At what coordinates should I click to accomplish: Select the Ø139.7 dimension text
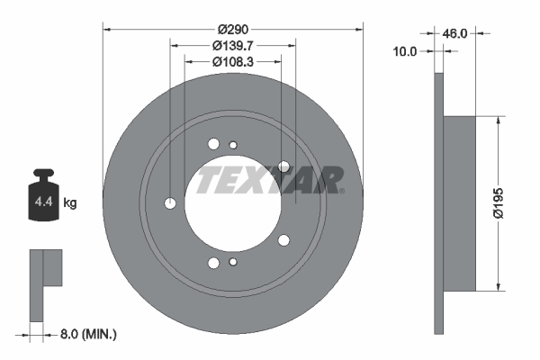coord(233,45)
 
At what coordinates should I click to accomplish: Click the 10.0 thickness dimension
coord(407,51)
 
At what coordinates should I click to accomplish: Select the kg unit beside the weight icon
coord(69,203)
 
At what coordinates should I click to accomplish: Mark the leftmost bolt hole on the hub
coord(170,203)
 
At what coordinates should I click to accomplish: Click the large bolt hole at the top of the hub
coord(213,143)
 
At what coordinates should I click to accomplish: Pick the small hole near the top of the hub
coord(233,146)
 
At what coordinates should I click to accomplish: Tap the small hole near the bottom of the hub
coord(233,262)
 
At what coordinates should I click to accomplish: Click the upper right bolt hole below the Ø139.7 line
coord(284,166)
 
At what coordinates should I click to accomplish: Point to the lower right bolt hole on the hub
coord(284,239)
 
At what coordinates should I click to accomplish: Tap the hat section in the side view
coord(460,203)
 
